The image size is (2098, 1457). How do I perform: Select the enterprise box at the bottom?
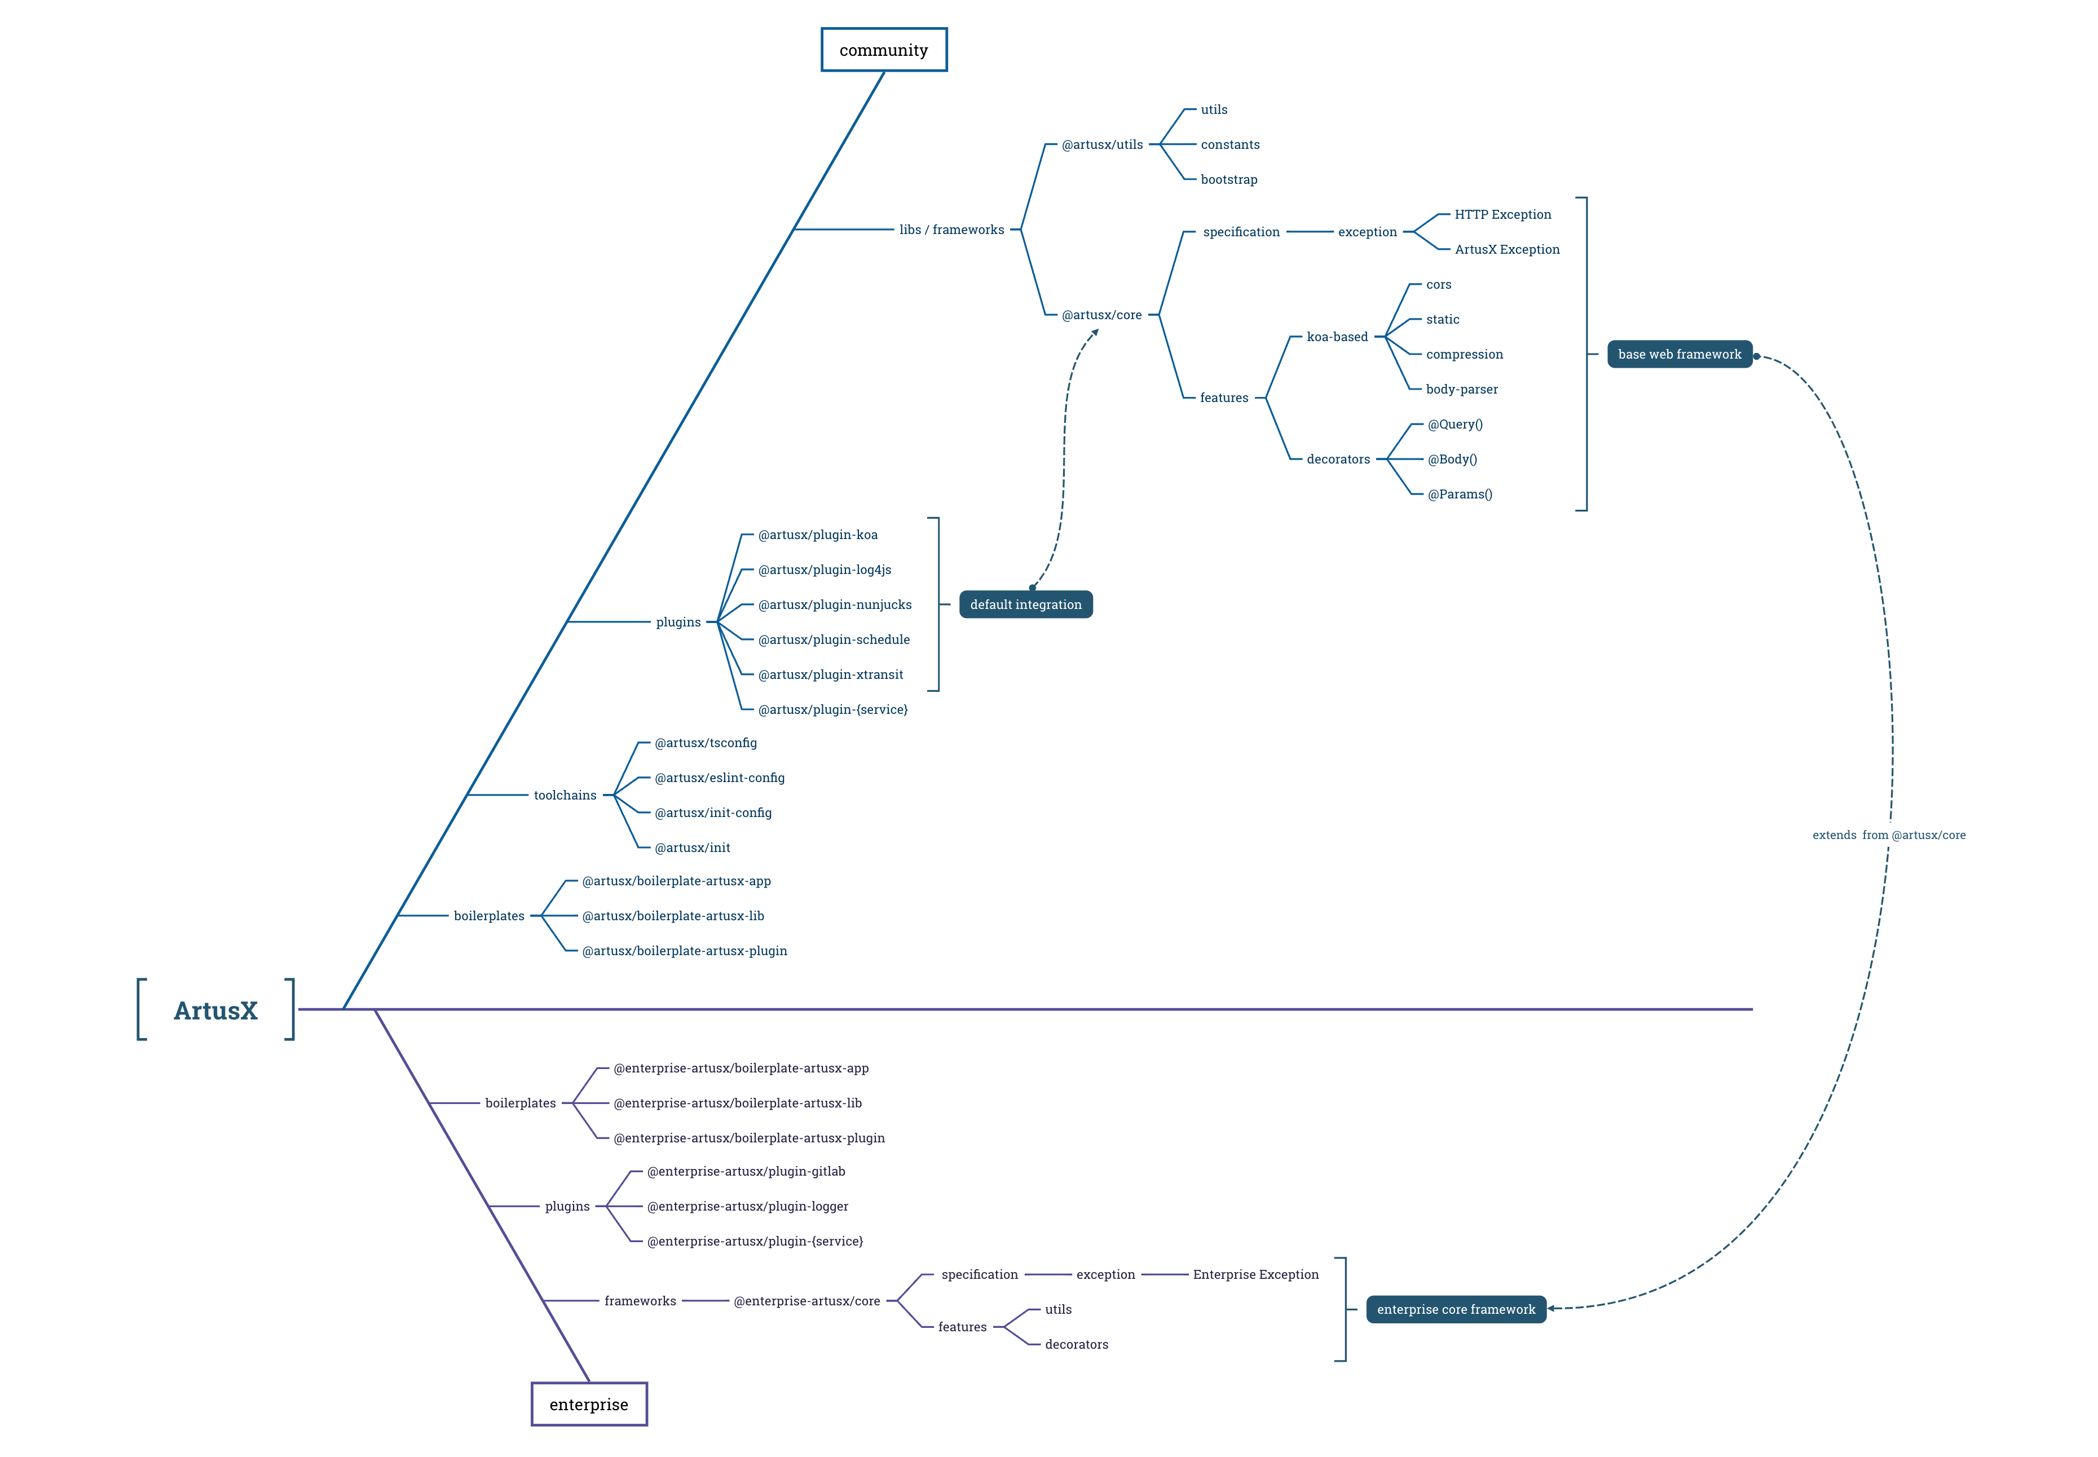589,1404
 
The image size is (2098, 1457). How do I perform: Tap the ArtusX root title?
215,1010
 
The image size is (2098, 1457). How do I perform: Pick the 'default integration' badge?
1025,604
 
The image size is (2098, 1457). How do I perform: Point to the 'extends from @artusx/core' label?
1888,835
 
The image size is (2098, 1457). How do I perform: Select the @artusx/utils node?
1102,145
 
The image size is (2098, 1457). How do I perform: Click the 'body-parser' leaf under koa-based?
1462,390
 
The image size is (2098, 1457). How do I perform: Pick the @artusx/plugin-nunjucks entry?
835,605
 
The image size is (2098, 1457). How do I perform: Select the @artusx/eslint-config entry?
720,778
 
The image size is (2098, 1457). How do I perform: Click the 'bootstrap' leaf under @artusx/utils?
1229,180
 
